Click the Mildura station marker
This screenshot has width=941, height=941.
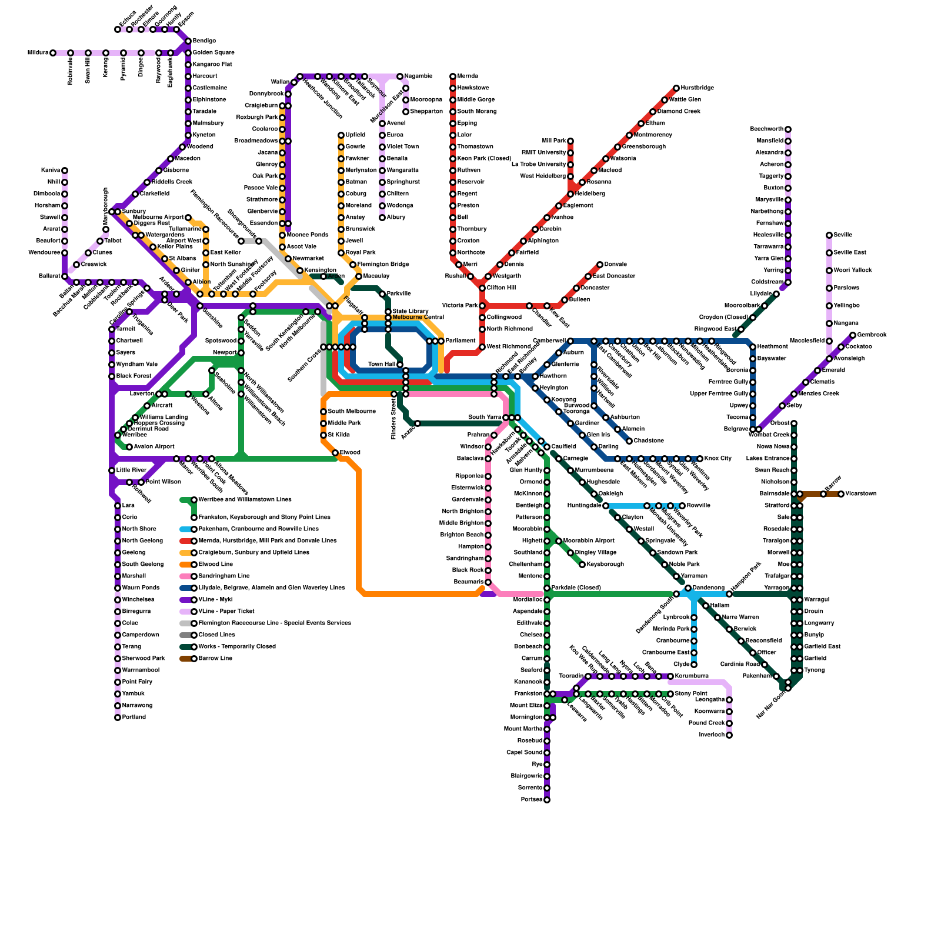pyautogui.click(x=53, y=53)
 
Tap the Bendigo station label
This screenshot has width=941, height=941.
pyautogui.click(x=204, y=41)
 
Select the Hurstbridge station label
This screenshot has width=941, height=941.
pyautogui.click(x=698, y=88)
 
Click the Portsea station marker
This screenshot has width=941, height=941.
pyautogui.click(x=547, y=800)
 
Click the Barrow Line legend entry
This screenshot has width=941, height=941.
pyautogui.click(x=215, y=659)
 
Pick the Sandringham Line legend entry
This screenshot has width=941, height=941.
pyautogui.click(x=223, y=576)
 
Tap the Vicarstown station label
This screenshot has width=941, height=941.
pyautogui.click(x=861, y=494)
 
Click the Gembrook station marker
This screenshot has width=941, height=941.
pyautogui.click(x=853, y=335)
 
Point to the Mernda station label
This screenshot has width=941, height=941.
pyautogui.click(x=468, y=76)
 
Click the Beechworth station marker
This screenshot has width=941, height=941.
pyautogui.click(x=788, y=129)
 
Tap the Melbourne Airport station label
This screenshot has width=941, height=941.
pyautogui.click(x=159, y=218)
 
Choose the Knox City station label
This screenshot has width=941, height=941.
pyautogui.click(x=718, y=459)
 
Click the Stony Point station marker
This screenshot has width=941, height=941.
pyautogui.click(x=670, y=694)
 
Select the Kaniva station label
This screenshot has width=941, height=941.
pyautogui.click(x=51, y=171)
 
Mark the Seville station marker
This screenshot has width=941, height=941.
pyautogui.click(x=829, y=235)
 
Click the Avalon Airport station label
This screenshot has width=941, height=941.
pyautogui.click(x=154, y=447)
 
